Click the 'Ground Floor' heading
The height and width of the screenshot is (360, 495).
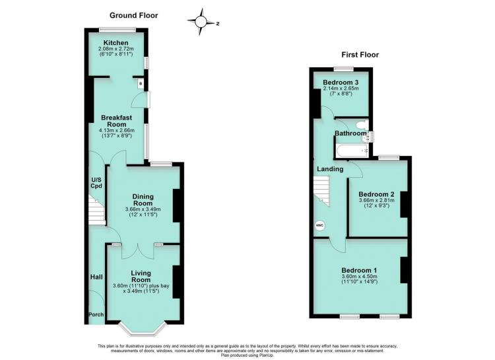pyautogui.click(x=133, y=15)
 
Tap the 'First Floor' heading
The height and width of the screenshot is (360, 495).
pyautogui.click(x=360, y=55)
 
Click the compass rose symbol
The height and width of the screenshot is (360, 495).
pyautogui.click(x=201, y=22)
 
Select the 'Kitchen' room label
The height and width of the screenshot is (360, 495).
pyautogui.click(x=116, y=43)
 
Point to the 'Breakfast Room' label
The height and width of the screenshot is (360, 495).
pyautogui.click(x=116, y=121)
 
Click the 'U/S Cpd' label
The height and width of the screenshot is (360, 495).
pyautogui.click(x=96, y=183)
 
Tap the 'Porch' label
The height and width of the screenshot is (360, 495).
pyautogui.click(x=96, y=314)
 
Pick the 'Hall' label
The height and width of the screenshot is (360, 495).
pyautogui.click(x=96, y=277)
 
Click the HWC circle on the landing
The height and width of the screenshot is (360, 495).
pyautogui.click(x=320, y=225)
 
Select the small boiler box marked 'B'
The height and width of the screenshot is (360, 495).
pyautogui.click(x=141, y=83)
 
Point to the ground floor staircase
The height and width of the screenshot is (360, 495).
pyautogui.click(x=96, y=210)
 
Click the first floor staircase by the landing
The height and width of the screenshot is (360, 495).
pyautogui.click(x=321, y=191)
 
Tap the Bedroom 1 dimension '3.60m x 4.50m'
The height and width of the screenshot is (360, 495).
pyautogui.click(x=359, y=276)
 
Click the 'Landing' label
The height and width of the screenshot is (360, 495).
pyautogui.click(x=330, y=169)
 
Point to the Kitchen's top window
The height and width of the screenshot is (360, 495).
pyautogui.click(x=117, y=30)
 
